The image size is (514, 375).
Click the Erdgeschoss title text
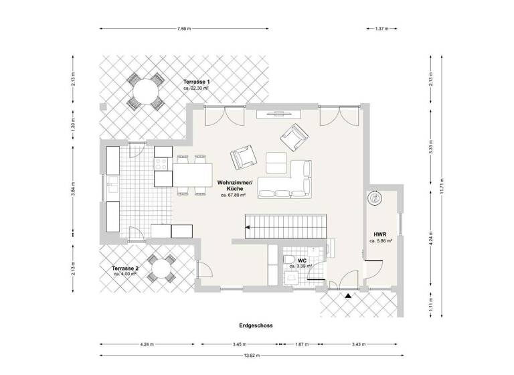[256, 325]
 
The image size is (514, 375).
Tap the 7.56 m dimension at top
[184, 29]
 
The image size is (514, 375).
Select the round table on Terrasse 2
[161, 269]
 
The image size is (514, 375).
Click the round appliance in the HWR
[374, 199]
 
